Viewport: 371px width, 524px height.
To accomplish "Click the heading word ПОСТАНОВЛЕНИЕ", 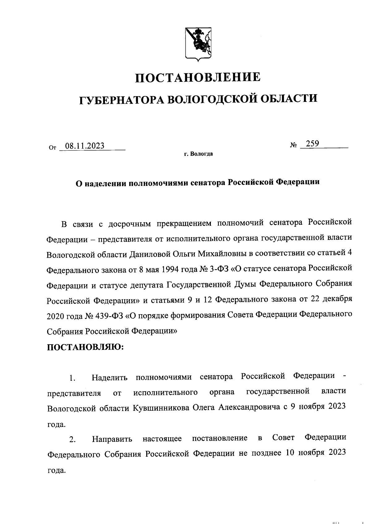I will (x=198, y=77).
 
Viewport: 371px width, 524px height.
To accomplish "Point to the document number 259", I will (x=312, y=143).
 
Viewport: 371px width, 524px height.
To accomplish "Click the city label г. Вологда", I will (x=198, y=154).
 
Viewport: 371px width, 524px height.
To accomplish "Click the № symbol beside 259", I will (x=294, y=145).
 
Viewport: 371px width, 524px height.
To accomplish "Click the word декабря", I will (x=335, y=299).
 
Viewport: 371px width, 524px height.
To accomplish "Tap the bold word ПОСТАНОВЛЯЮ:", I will (x=85, y=347).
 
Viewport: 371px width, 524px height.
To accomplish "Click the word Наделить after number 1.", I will (x=109, y=377).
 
